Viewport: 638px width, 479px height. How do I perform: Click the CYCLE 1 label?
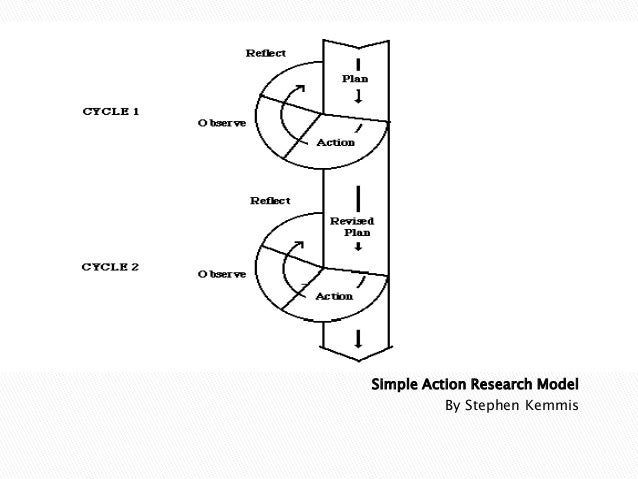pyautogui.click(x=110, y=111)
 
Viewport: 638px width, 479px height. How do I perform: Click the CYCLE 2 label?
pyautogui.click(x=110, y=267)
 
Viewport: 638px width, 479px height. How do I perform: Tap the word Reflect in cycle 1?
pyautogui.click(x=266, y=52)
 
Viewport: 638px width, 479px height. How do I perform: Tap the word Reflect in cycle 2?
pyautogui.click(x=270, y=201)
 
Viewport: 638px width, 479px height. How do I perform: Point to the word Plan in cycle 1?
pyautogui.click(x=355, y=76)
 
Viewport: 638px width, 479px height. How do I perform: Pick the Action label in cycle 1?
pyautogui.click(x=336, y=142)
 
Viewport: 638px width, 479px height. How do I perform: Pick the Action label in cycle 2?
pyautogui.click(x=335, y=296)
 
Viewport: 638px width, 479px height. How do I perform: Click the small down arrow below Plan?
pyautogui.click(x=357, y=97)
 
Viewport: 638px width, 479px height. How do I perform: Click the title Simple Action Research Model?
pyautogui.click(x=475, y=385)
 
